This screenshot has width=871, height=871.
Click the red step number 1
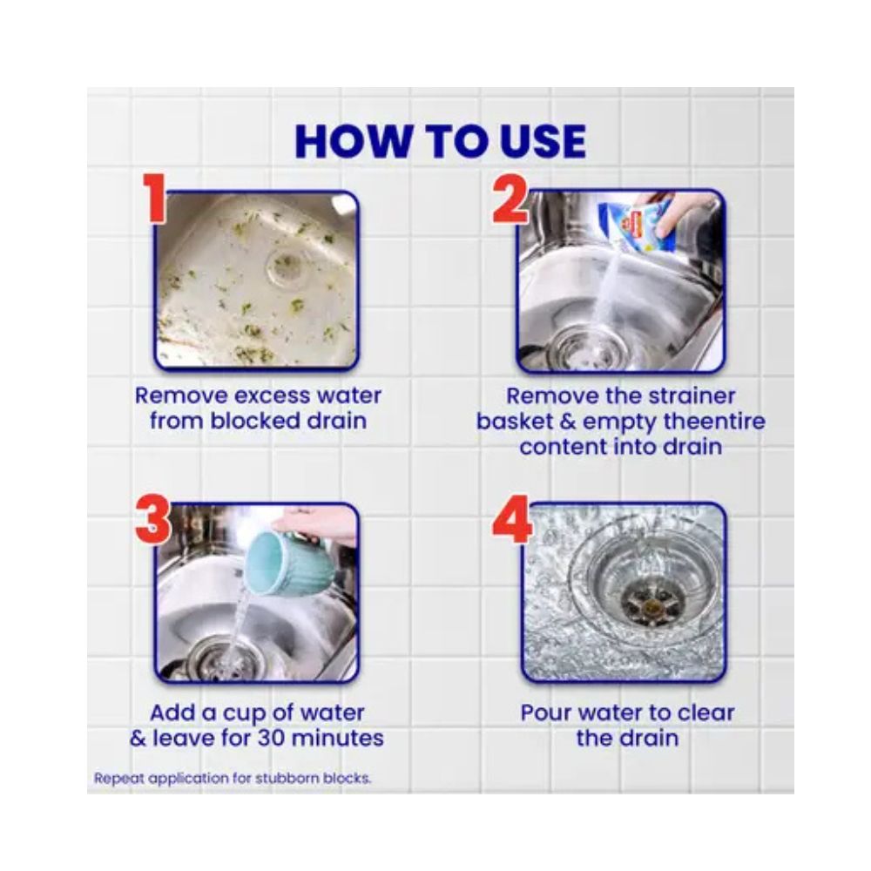(154, 198)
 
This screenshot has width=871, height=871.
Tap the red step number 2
(510, 199)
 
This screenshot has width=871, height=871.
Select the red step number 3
(154, 521)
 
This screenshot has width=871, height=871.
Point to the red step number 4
(511, 521)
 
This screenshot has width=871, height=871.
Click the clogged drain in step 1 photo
(286, 265)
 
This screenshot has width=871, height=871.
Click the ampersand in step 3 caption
(138, 739)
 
